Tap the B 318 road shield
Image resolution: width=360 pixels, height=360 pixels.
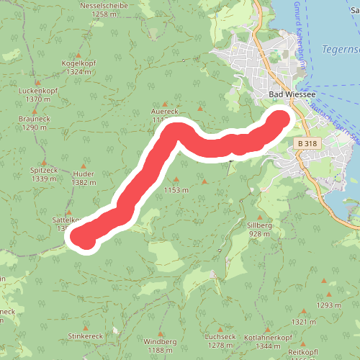tap(307, 144)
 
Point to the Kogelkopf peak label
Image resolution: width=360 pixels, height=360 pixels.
tap(78, 63)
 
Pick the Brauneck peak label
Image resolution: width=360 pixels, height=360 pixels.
tap(34, 120)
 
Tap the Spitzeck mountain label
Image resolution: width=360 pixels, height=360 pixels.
tap(44, 170)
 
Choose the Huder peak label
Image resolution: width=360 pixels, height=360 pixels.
tap(84, 174)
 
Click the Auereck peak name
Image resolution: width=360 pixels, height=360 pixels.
tap(165, 112)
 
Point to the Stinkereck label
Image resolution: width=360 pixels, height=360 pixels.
tap(86, 336)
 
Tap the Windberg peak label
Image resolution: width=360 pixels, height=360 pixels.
tap(160, 341)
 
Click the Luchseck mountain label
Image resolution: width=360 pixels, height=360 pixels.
tap(220, 336)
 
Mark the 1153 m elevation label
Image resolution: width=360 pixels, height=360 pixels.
tap(176, 190)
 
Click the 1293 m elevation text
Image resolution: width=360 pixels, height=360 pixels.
tap(328, 305)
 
